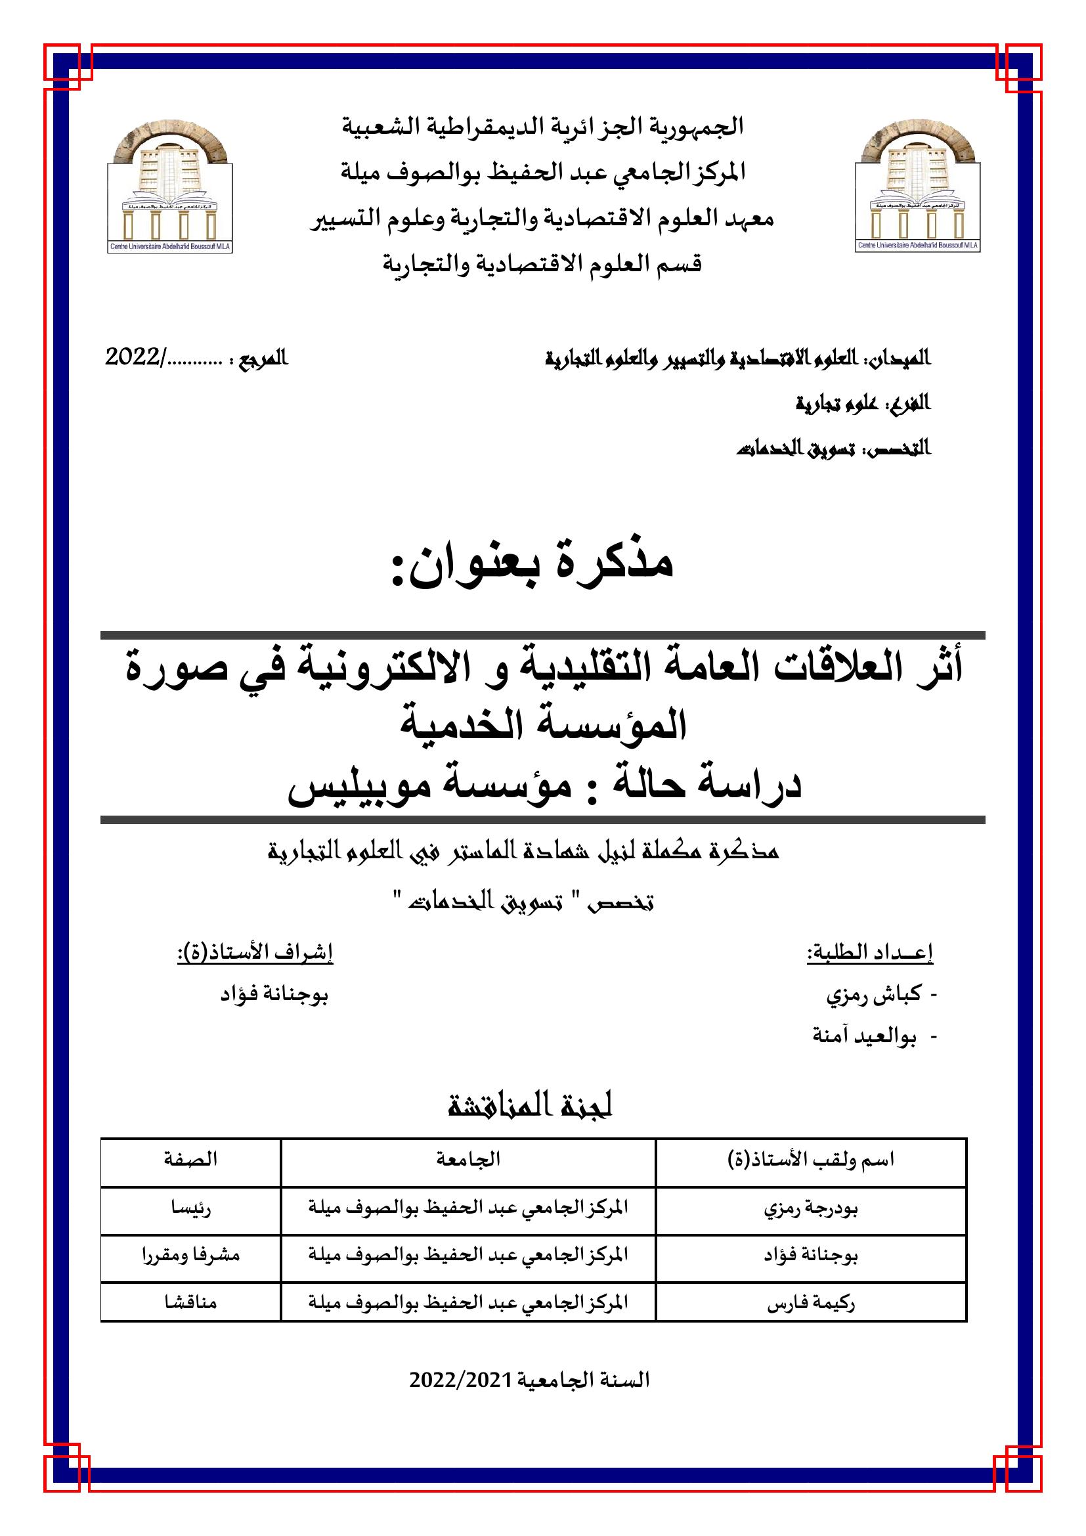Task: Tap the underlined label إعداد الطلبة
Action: click(x=869, y=953)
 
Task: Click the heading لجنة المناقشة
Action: click(x=531, y=1107)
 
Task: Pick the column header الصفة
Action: click(x=190, y=1159)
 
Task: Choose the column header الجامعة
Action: click(x=468, y=1159)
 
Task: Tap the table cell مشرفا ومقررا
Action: click(x=190, y=1255)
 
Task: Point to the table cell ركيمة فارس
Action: click(x=811, y=1302)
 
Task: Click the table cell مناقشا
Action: click(x=190, y=1302)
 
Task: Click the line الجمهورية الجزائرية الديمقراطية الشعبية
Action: click(x=543, y=127)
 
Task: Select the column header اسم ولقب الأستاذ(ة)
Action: click(x=811, y=1159)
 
